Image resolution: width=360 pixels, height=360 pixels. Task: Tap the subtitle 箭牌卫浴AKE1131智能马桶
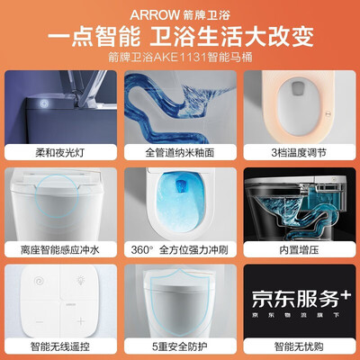[180, 60]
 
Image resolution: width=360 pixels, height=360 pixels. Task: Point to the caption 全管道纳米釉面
[180, 152]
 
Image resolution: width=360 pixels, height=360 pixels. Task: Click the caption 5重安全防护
[180, 343]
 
